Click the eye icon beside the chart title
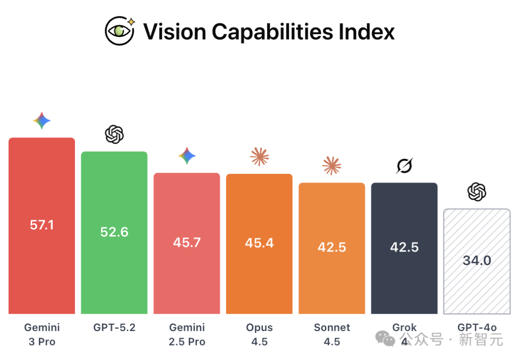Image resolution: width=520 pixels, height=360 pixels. point(120,30)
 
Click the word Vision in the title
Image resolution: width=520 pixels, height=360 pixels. point(175,32)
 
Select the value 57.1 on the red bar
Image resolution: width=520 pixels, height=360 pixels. point(42,225)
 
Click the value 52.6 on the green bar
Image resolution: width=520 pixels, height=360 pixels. point(115,232)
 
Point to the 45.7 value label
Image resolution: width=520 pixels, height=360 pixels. point(187,242)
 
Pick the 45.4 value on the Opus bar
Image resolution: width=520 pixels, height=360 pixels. point(260,243)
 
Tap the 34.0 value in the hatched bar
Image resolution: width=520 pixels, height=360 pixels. point(477,260)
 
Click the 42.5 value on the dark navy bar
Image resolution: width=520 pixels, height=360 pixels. point(404,247)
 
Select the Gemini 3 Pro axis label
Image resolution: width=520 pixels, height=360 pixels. point(42,334)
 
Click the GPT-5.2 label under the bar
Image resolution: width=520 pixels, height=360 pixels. point(115,328)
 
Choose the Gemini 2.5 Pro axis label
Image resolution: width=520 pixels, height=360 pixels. point(187,334)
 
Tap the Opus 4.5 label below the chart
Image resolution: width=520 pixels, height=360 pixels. point(260,334)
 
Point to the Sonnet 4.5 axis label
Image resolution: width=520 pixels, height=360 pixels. point(332,334)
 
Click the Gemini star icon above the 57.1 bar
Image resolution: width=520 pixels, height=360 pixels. point(42,120)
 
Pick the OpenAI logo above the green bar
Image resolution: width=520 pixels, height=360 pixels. point(115,134)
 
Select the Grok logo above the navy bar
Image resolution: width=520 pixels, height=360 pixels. point(404,166)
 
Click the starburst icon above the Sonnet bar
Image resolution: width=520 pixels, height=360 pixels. point(332,166)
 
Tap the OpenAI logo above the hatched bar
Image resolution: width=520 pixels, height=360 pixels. point(477,192)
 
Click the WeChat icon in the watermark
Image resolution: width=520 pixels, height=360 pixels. point(385,338)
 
